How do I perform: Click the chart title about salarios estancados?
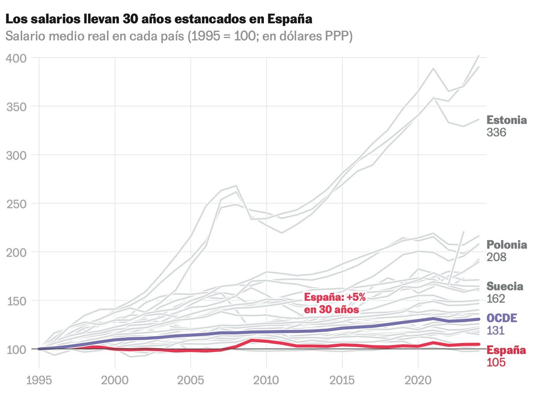(x=159, y=19)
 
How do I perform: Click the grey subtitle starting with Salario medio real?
(x=179, y=37)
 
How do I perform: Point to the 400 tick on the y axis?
(x=16, y=58)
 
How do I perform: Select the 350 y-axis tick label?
(x=16, y=106)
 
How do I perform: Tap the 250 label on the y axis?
(x=16, y=204)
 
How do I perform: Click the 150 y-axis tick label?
(x=16, y=301)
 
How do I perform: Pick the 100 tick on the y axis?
(x=16, y=349)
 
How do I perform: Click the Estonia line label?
(x=506, y=120)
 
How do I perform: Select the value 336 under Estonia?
(x=496, y=132)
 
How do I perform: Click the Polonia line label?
(x=506, y=245)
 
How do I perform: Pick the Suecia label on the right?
(x=505, y=286)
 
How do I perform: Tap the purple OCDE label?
(x=502, y=318)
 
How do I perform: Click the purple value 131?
(x=496, y=331)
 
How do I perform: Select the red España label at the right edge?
(x=506, y=350)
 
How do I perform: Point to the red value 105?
(x=496, y=362)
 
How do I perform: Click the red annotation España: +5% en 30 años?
(x=335, y=303)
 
